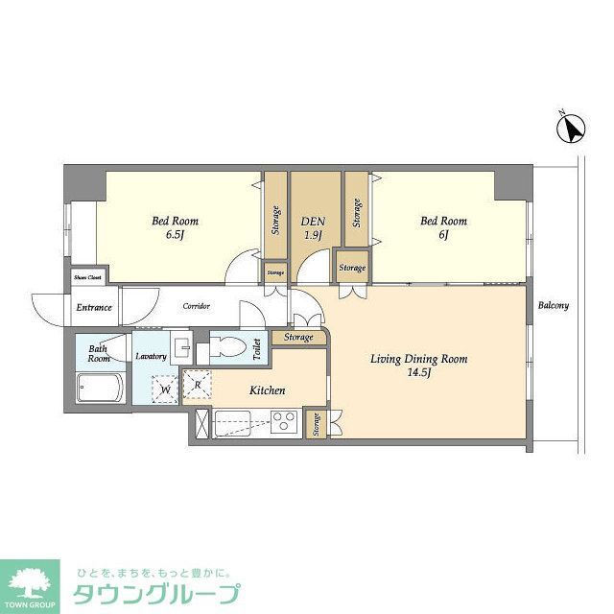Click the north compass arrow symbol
tap(574, 129)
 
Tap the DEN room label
tap(313, 220)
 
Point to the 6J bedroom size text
tap(443, 235)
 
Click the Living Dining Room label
tap(419, 359)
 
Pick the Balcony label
tap(553, 307)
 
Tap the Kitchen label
tap(268, 390)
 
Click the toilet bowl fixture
tap(227, 347)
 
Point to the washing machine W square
tap(164, 389)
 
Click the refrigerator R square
tap(196, 383)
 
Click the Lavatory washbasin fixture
tap(180, 346)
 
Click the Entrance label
tap(94, 308)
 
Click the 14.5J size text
tap(419, 374)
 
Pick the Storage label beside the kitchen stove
tap(315, 423)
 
